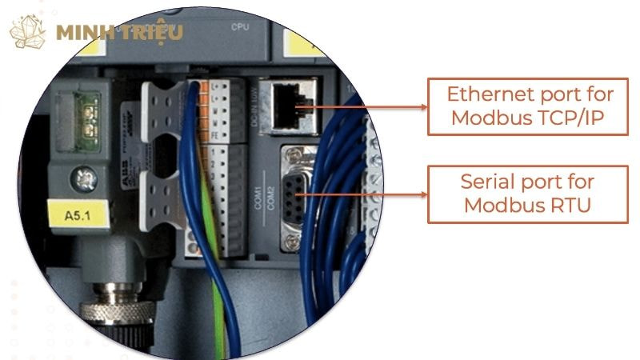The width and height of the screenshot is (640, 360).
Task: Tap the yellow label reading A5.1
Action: pyautogui.click(x=73, y=214)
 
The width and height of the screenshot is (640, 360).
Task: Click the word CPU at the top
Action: pyautogui.click(x=240, y=26)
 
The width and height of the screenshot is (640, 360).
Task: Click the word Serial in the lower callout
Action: pyautogui.click(x=488, y=181)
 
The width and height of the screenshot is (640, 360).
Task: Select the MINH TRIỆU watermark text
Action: pyautogui.click(x=119, y=33)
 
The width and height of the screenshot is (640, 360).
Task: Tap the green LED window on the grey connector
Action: pyautogui.click(x=82, y=113)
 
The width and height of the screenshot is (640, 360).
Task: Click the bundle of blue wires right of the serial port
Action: pyautogui.click(x=336, y=208)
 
